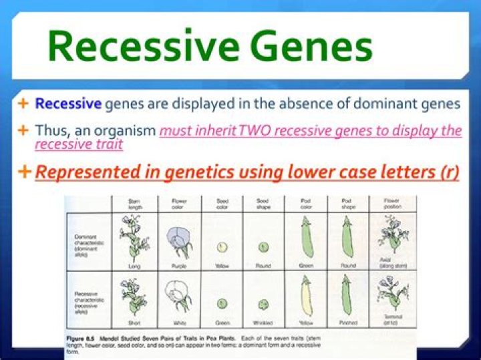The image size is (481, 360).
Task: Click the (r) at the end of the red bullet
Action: coord(448,172)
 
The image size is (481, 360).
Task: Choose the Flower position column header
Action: coord(393,204)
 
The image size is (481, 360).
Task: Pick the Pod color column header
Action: coord(305,204)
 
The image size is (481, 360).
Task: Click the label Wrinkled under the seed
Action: coord(264,323)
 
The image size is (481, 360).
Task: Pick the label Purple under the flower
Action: coord(179,266)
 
